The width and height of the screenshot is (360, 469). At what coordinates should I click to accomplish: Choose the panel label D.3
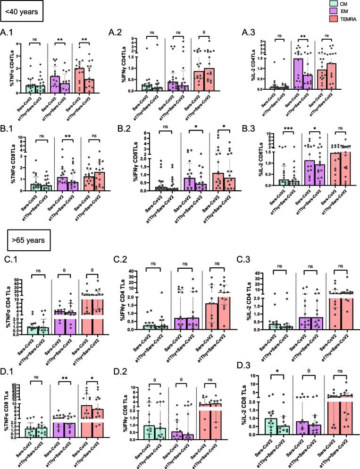pyautogui.click(x=251, y=364)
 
